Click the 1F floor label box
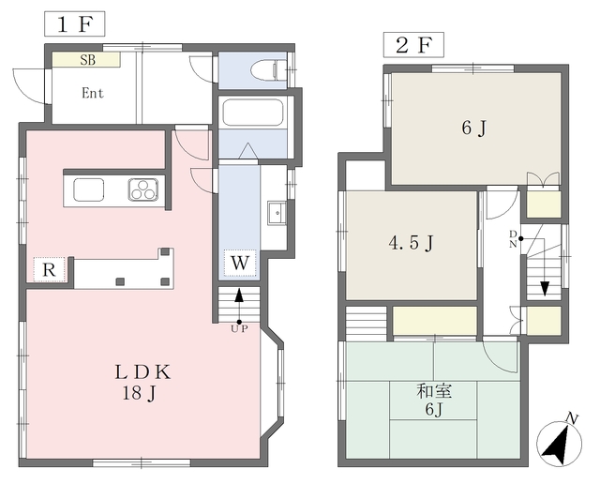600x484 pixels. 75,24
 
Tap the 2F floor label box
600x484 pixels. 413,45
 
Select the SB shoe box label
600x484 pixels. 88,60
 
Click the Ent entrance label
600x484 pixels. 93,93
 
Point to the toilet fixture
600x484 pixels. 268,70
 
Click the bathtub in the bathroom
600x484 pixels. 253,113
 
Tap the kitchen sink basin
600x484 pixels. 89,189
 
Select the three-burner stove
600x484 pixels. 143,189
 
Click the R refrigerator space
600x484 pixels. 49,270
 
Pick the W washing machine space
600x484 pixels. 240,263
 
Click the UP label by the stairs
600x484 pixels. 239,328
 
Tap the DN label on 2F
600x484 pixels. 514,239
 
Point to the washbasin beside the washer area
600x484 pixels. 277,213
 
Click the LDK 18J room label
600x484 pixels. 142,382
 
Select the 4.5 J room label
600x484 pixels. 411,243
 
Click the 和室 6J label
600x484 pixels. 434,401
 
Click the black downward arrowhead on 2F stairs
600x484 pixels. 545,288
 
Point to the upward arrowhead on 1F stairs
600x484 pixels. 239,295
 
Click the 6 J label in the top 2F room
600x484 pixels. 473,128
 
